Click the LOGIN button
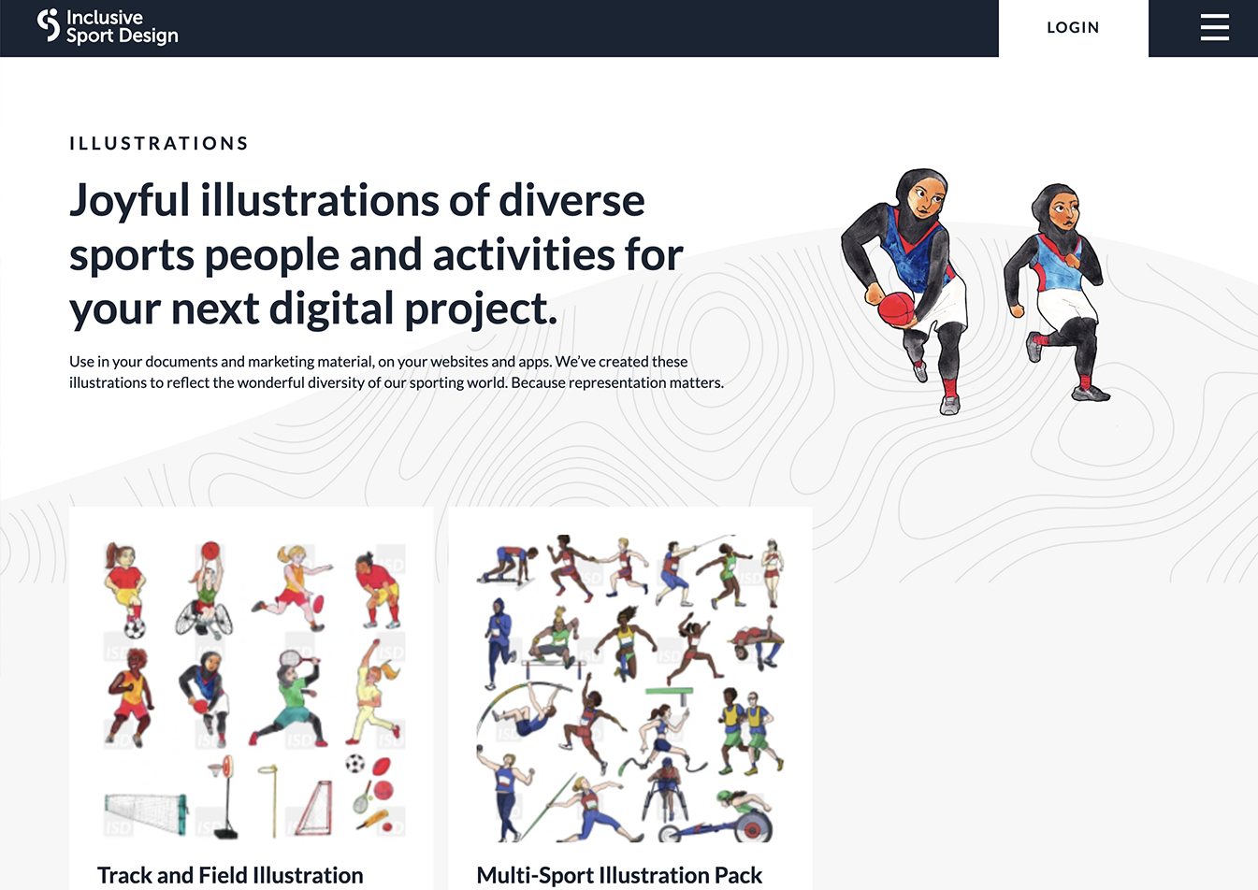[1073, 28]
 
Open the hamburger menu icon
[1214, 27]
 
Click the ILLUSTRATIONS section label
[159, 143]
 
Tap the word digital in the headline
[331, 309]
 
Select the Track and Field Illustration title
[230, 875]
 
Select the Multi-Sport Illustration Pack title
[619, 875]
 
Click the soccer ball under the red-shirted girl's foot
[135, 627]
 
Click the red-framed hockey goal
[315, 808]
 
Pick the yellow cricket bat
[372, 821]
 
